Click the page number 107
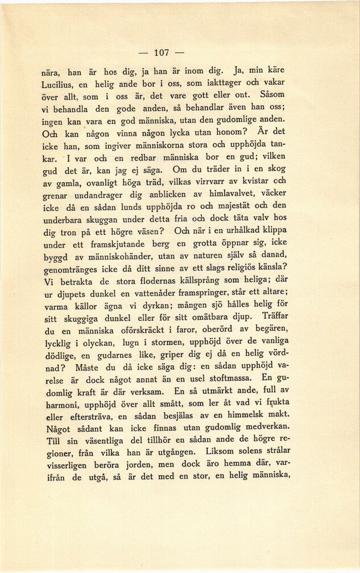point(162,52)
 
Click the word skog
point(276,169)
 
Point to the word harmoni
point(63,403)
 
